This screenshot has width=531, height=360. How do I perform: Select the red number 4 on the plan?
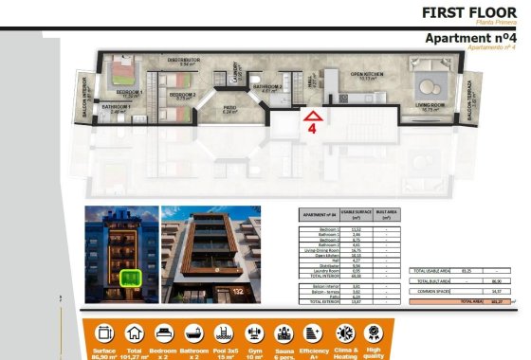(x=312, y=132)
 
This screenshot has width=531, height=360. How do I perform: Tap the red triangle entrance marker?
(x=313, y=117)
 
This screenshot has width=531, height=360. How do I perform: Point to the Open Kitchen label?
(x=365, y=75)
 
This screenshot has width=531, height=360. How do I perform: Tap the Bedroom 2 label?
(x=183, y=94)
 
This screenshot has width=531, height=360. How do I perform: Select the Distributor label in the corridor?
(x=183, y=60)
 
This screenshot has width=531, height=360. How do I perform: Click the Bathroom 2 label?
(x=267, y=87)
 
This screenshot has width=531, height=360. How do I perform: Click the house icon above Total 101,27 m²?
(x=133, y=333)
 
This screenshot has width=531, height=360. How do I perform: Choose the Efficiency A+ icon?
(x=341, y=333)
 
